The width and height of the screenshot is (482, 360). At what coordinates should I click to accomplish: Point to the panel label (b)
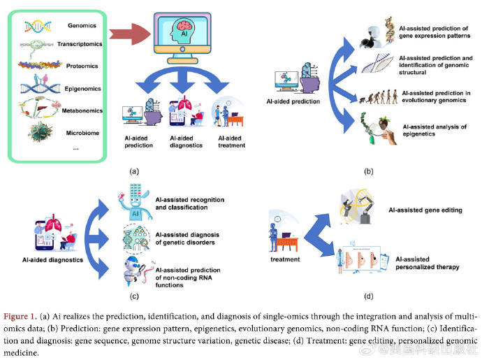(369, 170)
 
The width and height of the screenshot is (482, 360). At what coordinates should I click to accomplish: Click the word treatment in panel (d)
(284, 259)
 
